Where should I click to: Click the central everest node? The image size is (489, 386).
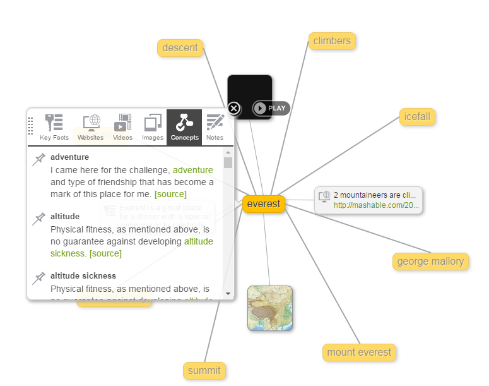pyautogui.click(x=264, y=204)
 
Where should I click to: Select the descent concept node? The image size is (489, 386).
pyautogui.click(x=180, y=47)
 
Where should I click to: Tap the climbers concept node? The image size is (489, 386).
pyautogui.click(x=332, y=41)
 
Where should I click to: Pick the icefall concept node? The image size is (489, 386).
pyautogui.click(x=418, y=117)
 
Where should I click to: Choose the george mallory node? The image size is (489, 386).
pyautogui.click(x=430, y=261)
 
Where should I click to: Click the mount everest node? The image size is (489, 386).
pyautogui.click(x=359, y=352)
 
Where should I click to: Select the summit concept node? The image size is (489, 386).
pyautogui.click(x=204, y=370)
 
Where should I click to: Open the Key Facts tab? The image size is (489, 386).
pyautogui.click(x=54, y=127)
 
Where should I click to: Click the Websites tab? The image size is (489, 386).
pyautogui.click(x=90, y=127)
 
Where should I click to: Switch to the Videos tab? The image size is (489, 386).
pyautogui.click(x=123, y=127)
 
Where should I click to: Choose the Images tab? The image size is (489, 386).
pyautogui.click(x=153, y=127)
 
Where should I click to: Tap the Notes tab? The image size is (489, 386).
pyautogui.click(x=215, y=127)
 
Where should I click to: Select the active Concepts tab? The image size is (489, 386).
pyautogui.click(x=184, y=127)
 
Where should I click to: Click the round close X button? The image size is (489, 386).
pyautogui.click(x=234, y=109)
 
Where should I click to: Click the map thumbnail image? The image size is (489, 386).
pyautogui.click(x=270, y=308)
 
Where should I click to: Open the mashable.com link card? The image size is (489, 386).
pyautogui.click(x=368, y=200)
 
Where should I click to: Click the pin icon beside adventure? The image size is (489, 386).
pyautogui.click(x=39, y=159)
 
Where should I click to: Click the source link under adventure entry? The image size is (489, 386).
pyautogui.click(x=170, y=194)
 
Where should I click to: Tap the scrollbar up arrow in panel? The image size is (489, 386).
pyautogui.click(x=228, y=152)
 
